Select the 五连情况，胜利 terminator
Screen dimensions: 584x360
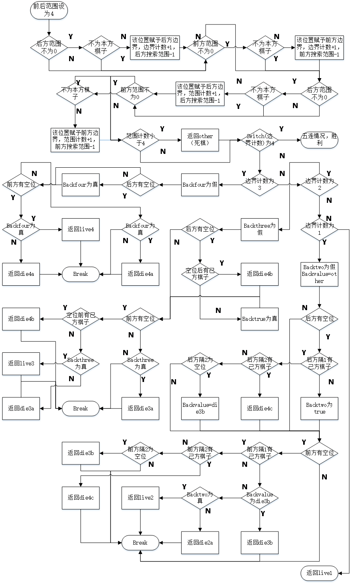[319, 140]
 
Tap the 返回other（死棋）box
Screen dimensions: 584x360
[200, 140]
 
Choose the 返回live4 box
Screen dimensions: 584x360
[81, 229]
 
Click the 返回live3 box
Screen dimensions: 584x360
[21, 363]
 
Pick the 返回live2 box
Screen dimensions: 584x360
[141, 498]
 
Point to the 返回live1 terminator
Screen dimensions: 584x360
[319, 573]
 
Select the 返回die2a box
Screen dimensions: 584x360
[200, 543]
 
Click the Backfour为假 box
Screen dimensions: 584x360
[200, 185]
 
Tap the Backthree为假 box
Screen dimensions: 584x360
[260, 229]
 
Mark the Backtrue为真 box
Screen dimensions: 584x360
[260, 319]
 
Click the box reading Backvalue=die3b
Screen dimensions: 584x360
[200, 408]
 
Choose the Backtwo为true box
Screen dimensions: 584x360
[319, 408]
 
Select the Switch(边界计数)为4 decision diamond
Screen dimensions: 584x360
[260, 140]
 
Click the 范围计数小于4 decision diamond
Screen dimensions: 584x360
[141, 140]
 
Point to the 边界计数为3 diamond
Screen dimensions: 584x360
[260, 185]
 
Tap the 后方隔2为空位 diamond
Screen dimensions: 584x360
[200, 363]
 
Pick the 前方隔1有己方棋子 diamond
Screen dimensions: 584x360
[260, 453]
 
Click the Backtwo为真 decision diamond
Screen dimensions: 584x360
[200, 498]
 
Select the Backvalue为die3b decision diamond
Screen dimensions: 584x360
[260, 498]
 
